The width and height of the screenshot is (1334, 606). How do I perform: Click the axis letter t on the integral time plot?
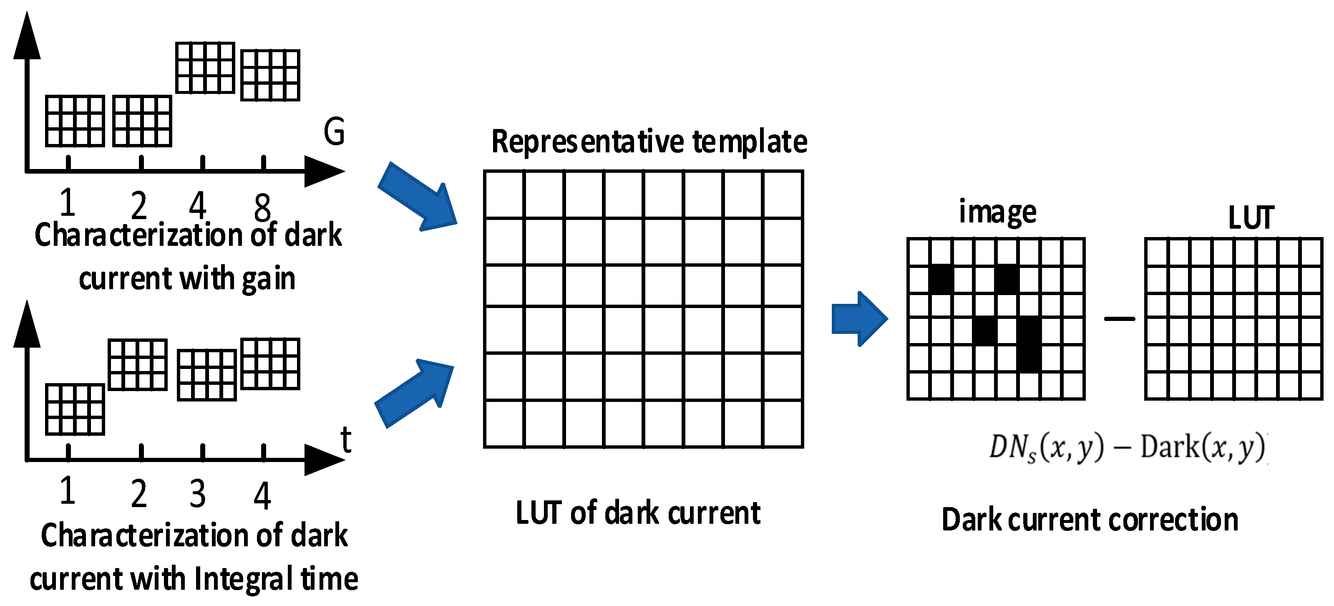coord(346,440)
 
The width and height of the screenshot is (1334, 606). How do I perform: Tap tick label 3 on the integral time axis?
coord(197,494)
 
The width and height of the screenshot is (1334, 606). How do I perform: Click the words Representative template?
coord(649,141)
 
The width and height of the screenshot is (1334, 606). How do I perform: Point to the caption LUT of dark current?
coord(638,513)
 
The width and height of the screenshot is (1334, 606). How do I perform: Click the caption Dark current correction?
coord(1090,520)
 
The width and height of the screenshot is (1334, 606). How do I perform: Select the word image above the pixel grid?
coord(997,212)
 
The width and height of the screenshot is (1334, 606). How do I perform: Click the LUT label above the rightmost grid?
coord(1251,218)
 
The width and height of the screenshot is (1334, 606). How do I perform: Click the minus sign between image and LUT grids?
coord(1119,318)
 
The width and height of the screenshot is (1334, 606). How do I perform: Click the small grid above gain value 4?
coord(205,68)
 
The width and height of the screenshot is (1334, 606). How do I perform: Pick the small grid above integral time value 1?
coord(75,409)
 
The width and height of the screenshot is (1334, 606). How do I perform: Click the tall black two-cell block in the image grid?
coord(1029,344)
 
